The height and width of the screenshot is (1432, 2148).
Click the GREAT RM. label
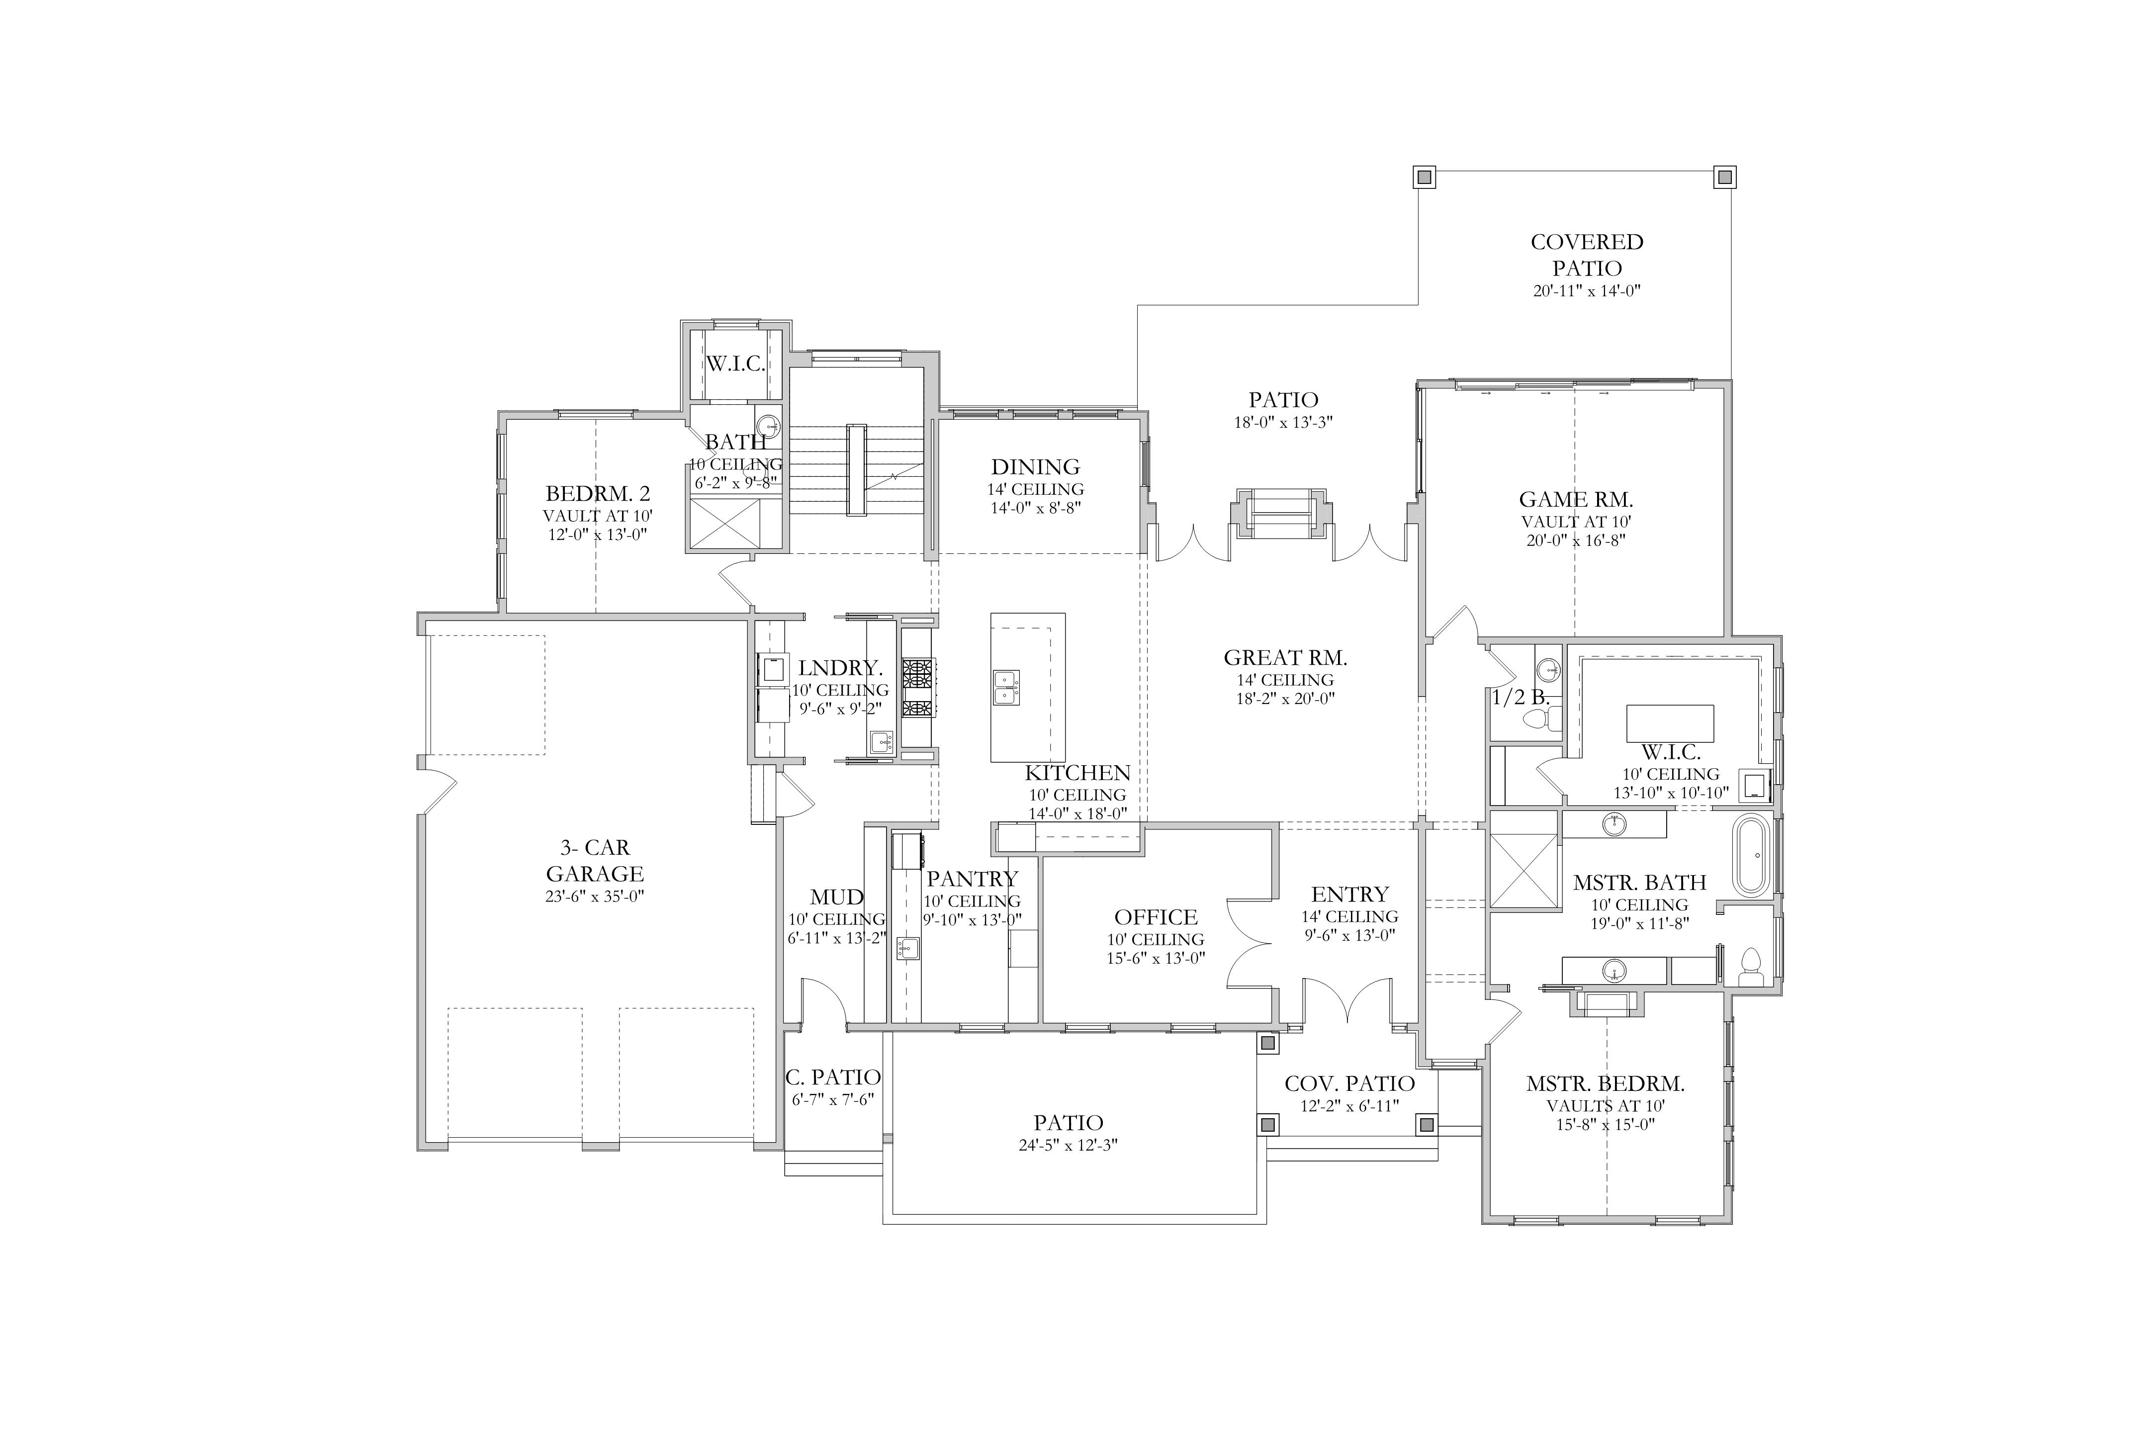coord(1285,657)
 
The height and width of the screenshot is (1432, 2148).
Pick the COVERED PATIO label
coord(1587,255)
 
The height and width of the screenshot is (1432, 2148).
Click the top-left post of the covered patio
coord(1425,177)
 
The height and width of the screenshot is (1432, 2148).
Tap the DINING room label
coord(1036,467)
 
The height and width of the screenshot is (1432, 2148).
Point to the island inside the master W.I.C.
coord(1670,723)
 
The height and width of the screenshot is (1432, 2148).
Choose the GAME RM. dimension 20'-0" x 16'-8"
coord(1576,540)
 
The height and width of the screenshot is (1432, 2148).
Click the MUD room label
coord(836,898)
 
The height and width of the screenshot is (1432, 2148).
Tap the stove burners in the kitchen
coord(918,688)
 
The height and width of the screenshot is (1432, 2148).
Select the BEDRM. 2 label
coord(598,494)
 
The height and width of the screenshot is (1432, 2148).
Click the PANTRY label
coord(973,879)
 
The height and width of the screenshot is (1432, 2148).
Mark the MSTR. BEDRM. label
coord(1606,1084)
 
